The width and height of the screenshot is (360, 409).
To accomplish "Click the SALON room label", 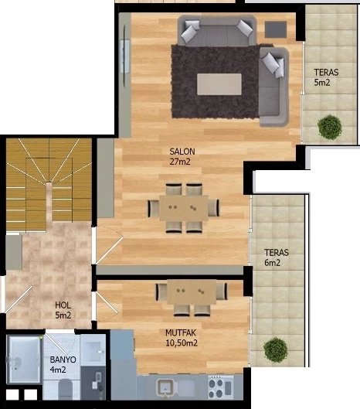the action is [182, 152].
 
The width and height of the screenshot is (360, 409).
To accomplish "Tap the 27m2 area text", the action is [180, 162].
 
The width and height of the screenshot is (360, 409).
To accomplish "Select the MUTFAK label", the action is [181, 332].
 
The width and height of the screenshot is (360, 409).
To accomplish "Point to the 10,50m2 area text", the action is [182, 343].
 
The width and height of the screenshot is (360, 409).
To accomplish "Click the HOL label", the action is [63, 305].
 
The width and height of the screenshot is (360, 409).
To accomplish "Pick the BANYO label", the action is [63, 360].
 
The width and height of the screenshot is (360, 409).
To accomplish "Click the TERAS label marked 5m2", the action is [326, 72].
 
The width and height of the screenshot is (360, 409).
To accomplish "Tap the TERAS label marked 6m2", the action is [277, 253].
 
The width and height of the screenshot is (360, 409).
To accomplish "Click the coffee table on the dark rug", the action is [219, 84].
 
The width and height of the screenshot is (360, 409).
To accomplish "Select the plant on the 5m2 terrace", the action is [330, 128].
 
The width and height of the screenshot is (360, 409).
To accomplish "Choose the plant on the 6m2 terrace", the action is [276, 349].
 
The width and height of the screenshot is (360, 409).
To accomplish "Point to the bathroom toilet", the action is [65, 389].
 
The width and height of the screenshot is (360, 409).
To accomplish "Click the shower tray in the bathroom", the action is [24, 360].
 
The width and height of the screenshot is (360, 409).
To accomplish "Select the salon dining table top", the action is [184, 208].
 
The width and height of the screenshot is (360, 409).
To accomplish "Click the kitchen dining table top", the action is [192, 292].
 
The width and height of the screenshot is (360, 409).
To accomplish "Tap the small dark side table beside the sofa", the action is [276, 29].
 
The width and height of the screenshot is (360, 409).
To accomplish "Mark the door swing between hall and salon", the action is [109, 245].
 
